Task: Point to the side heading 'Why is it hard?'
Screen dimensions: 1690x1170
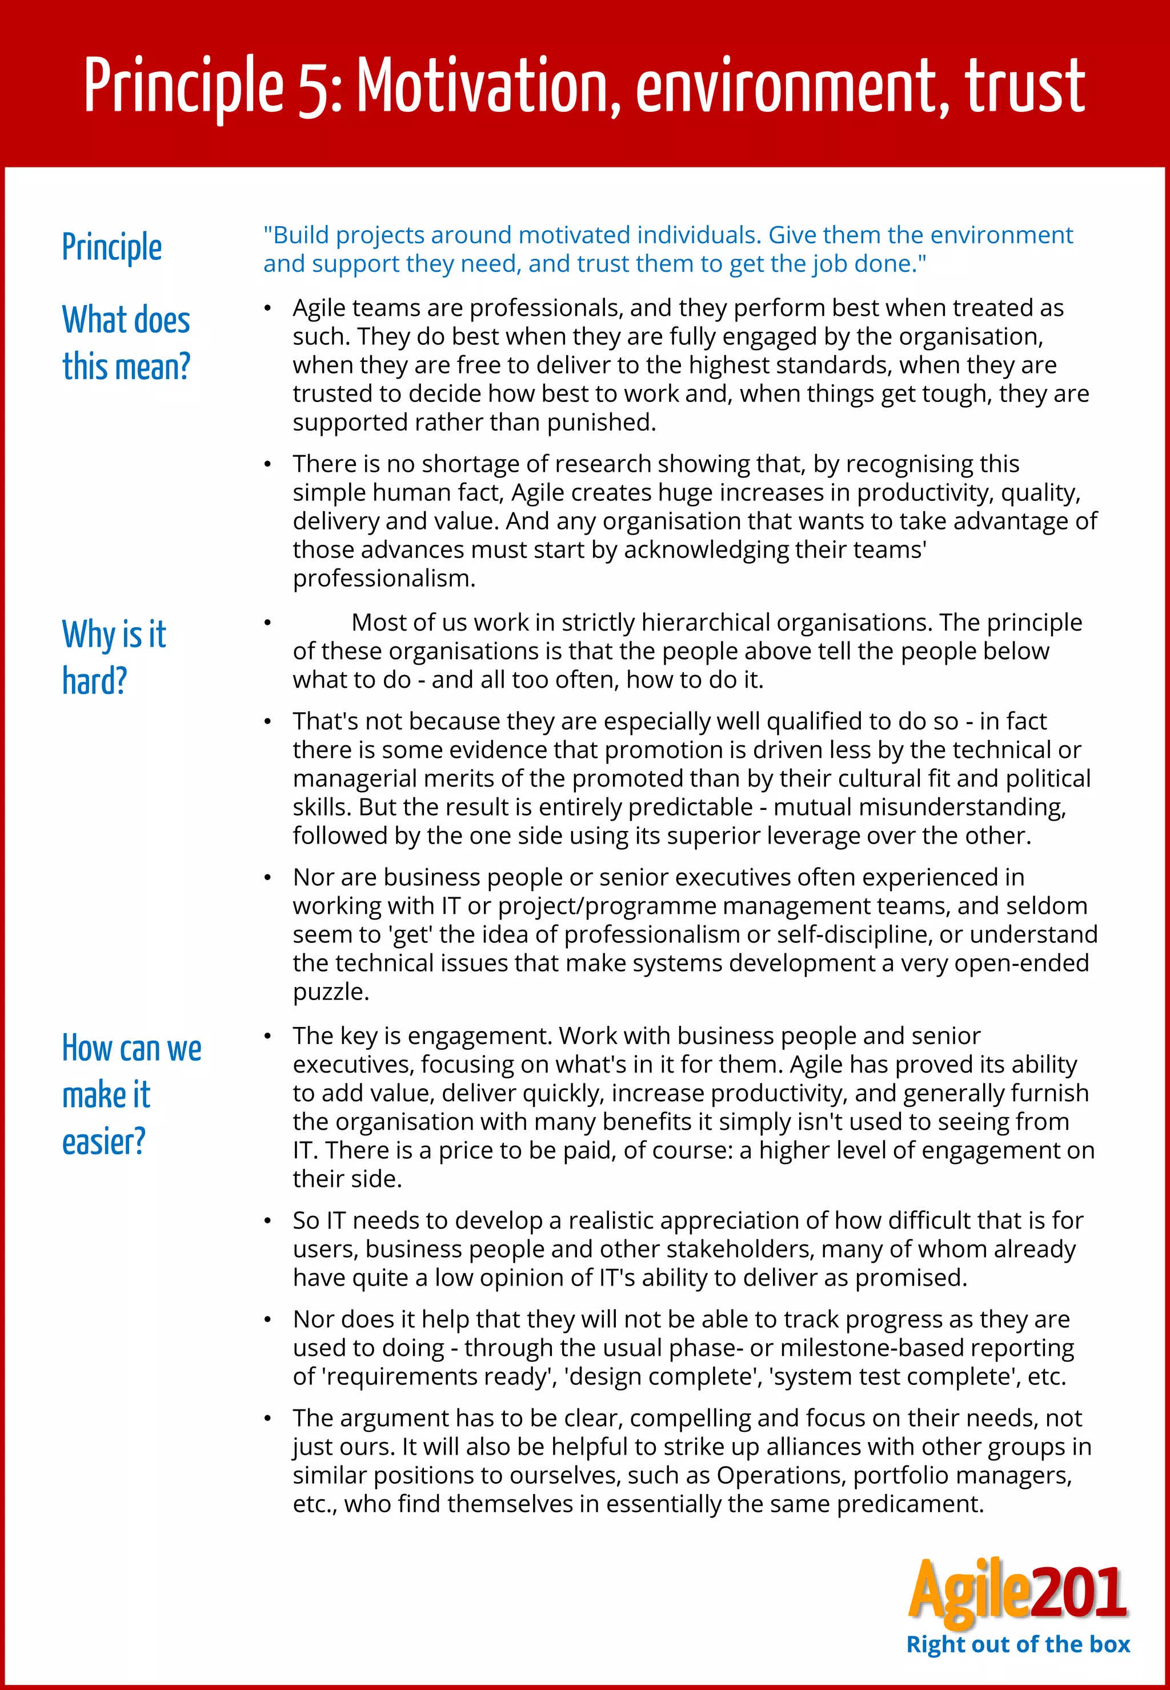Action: click(x=114, y=657)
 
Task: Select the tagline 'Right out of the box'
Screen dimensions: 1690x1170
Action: click(x=1017, y=1644)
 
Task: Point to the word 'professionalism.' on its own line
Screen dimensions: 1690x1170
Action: click(x=384, y=578)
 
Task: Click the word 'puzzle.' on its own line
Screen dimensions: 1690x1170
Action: click(x=331, y=991)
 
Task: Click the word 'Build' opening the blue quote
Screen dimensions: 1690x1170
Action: click(x=300, y=235)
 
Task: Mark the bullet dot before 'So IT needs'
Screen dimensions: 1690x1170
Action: click(x=269, y=1222)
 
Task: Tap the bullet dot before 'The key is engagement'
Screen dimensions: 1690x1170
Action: click(x=269, y=1036)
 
